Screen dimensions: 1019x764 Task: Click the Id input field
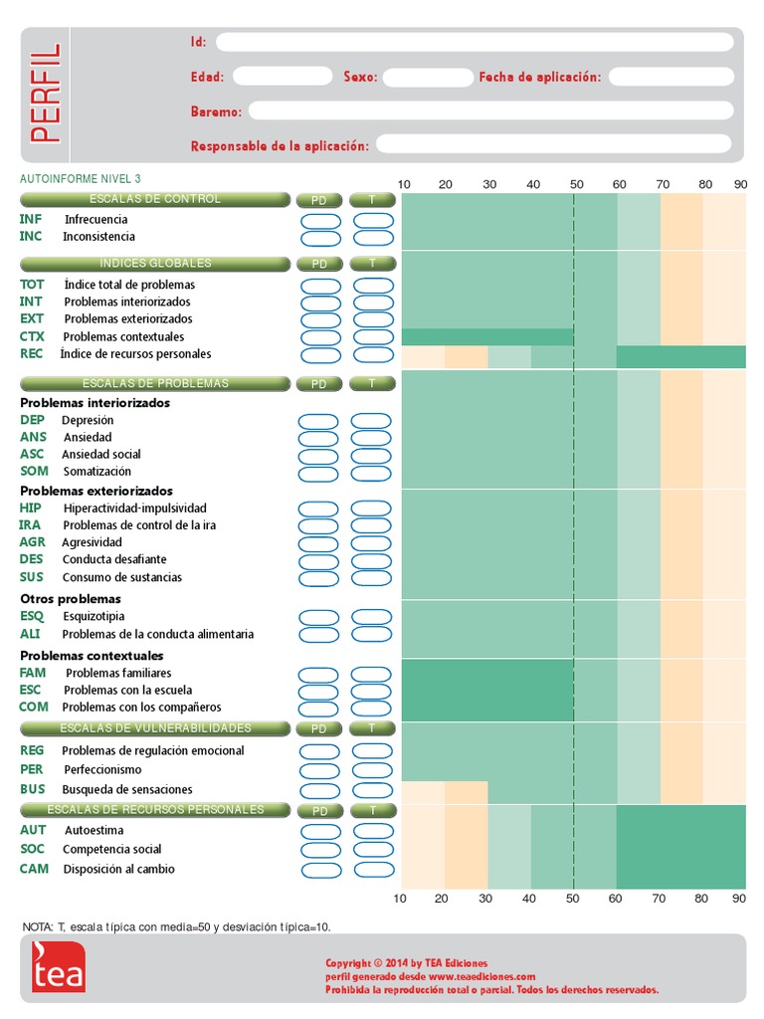click(x=475, y=42)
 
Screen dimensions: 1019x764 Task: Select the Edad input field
click(x=282, y=77)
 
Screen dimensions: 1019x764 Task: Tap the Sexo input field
click(x=427, y=77)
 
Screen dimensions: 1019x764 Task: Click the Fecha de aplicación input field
click(x=670, y=77)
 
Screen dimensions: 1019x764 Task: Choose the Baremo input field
click(x=490, y=110)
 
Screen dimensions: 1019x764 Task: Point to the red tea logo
click(x=59, y=966)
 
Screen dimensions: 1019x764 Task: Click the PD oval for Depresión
click(x=319, y=420)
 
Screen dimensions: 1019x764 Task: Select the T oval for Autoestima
click(x=374, y=830)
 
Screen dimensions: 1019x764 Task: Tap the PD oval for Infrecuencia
click(x=319, y=220)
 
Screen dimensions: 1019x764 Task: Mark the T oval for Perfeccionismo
click(x=374, y=769)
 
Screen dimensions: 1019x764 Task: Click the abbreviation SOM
click(x=33, y=472)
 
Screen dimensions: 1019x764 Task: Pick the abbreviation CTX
click(x=32, y=337)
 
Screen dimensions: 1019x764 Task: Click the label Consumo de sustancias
click(x=122, y=577)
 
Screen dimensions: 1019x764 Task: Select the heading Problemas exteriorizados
click(x=96, y=491)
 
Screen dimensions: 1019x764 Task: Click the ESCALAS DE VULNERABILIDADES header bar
click(x=153, y=728)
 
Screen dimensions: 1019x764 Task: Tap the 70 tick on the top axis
click(x=662, y=184)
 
